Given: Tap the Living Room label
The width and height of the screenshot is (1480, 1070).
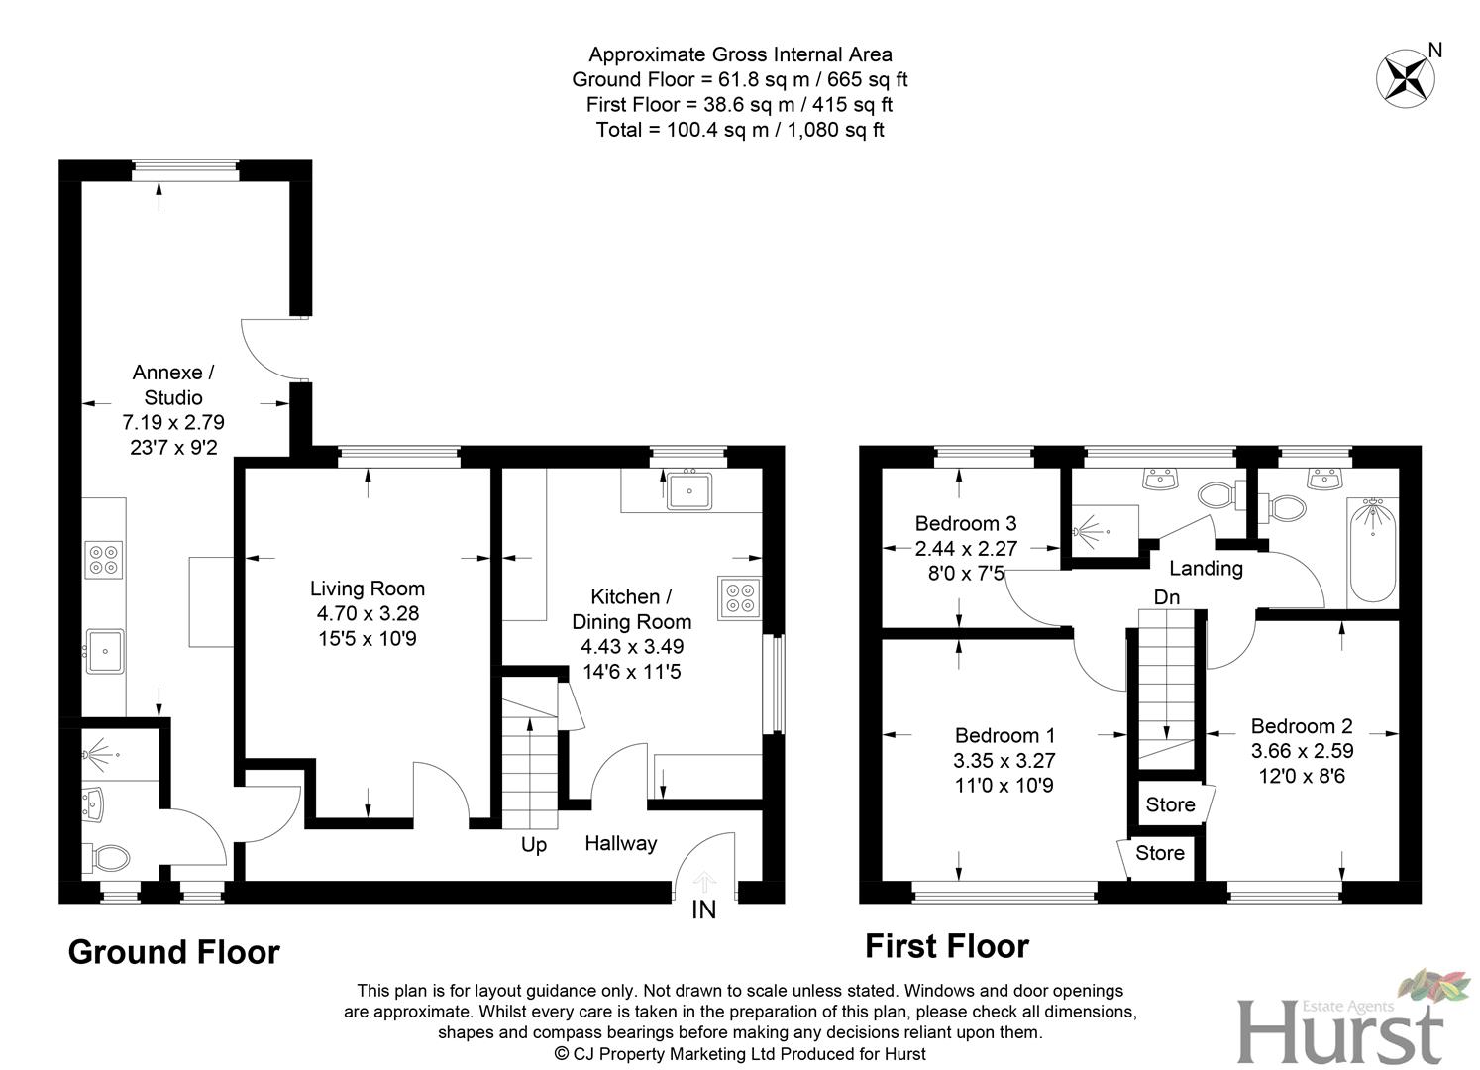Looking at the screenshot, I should click(367, 588).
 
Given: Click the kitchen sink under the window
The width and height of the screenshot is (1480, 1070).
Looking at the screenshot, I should click(688, 489).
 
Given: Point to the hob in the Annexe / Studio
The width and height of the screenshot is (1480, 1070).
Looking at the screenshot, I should click(103, 560).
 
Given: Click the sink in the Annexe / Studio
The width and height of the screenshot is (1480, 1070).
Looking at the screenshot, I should click(103, 650).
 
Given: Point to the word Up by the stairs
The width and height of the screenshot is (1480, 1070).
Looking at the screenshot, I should click(534, 845).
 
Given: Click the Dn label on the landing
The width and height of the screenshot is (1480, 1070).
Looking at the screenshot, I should click(1166, 597).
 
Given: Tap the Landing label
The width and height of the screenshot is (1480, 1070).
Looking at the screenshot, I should click(1205, 568).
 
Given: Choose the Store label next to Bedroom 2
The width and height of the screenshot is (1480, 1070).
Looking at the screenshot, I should click(1170, 804).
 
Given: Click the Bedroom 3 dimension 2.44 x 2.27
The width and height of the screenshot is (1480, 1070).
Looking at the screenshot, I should click(965, 548).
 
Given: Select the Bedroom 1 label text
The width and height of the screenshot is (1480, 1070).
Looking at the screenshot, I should click(1004, 735).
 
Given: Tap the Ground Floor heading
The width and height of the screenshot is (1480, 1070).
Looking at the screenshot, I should click(173, 952).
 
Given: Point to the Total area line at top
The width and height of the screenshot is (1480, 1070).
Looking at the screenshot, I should click(740, 130).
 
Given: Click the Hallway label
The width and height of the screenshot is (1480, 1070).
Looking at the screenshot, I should click(620, 843).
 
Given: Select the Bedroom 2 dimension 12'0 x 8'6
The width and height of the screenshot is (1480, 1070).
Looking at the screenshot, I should click(1302, 776).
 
